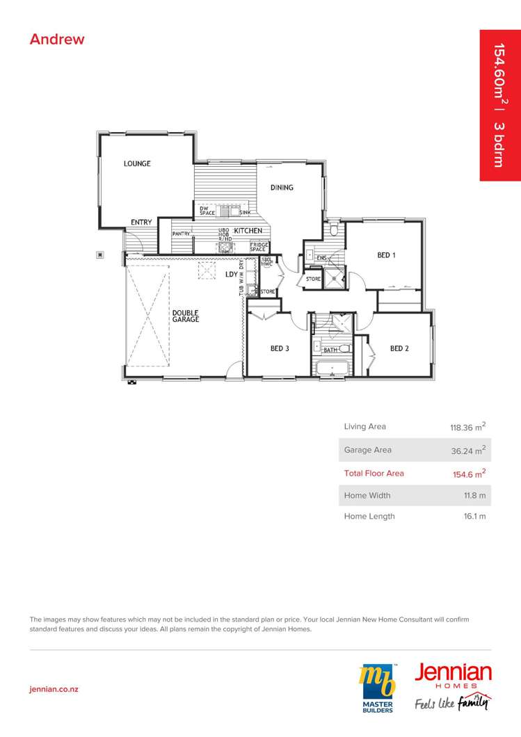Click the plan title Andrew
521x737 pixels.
pyautogui.click(x=57, y=39)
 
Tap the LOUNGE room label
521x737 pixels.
pyautogui.click(x=137, y=164)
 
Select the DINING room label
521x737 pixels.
pyautogui.click(x=282, y=188)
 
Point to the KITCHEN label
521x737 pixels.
pyautogui.click(x=248, y=230)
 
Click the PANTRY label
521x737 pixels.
pyautogui.click(x=182, y=234)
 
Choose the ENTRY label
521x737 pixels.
pyautogui.click(x=141, y=222)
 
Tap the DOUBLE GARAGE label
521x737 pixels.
pyautogui.click(x=186, y=316)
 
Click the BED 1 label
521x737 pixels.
pyautogui.click(x=386, y=255)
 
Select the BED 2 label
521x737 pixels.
pyautogui.click(x=399, y=348)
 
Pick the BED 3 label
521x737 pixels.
pyautogui.click(x=280, y=348)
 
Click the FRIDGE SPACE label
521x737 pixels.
pyautogui.click(x=259, y=247)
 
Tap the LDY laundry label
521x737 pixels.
pyautogui.click(x=232, y=275)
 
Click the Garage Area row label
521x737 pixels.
pyautogui.click(x=367, y=450)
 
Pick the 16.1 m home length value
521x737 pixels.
pyautogui.click(x=474, y=517)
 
